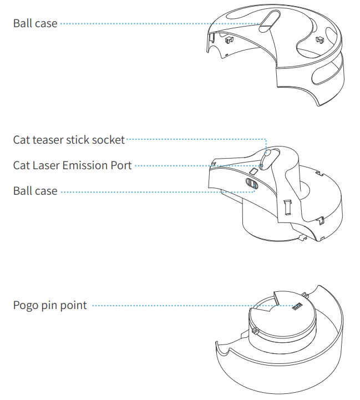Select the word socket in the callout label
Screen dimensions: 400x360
[x=109, y=140]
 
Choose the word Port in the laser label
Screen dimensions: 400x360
[x=121, y=165]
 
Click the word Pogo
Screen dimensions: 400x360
[x=26, y=306]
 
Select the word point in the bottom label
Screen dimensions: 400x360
[x=74, y=306]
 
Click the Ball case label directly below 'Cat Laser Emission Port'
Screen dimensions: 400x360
[x=35, y=191]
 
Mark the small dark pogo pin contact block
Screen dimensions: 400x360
[x=297, y=305]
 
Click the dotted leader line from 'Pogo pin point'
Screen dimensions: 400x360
[x=189, y=305]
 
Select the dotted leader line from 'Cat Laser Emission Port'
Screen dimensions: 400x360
[x=194, y=165]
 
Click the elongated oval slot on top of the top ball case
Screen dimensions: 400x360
[x=267, y=20]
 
